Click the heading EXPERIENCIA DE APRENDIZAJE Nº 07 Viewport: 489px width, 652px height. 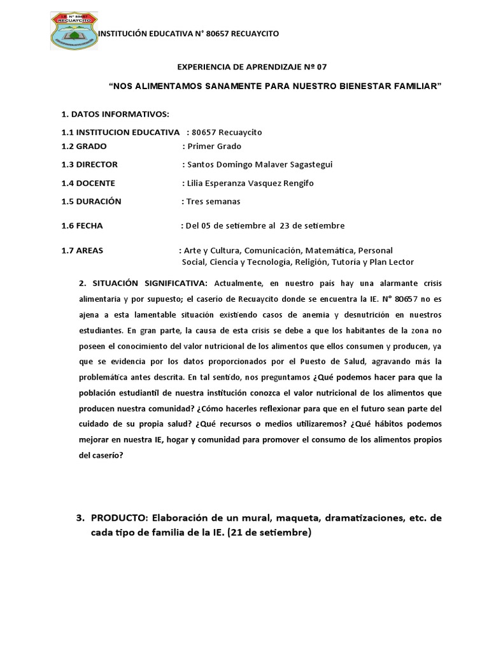pos(251,67)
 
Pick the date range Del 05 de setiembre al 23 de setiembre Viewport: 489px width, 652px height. pos(263,225)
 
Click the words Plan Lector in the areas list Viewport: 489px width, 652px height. pos(392,262)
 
